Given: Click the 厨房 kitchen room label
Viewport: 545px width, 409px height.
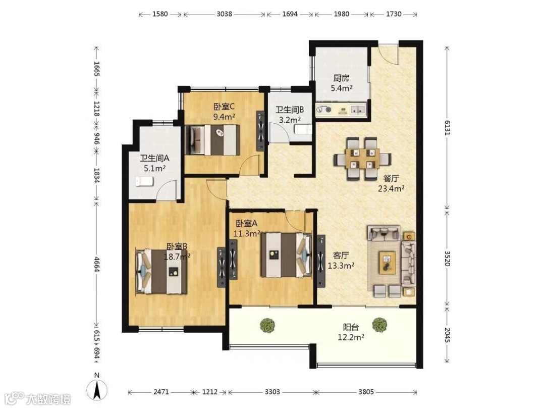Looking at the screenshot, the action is point(341,78).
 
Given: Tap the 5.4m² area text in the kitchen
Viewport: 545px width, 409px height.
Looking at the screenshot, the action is point(342,88).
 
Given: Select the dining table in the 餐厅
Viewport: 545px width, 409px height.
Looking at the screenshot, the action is point(362,159).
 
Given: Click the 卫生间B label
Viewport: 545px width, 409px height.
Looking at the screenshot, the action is point(290,110).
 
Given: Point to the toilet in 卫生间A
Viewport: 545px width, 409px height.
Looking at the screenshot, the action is point(144,181).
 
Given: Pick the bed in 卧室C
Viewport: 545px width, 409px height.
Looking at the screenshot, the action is point(212,140).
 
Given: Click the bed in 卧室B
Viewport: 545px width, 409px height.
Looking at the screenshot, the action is point(161,271).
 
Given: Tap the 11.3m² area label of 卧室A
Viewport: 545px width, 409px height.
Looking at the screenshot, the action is point(246,234).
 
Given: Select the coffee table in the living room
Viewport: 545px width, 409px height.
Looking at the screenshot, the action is point(387,262).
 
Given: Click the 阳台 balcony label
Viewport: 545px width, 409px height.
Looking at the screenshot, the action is point(351,327).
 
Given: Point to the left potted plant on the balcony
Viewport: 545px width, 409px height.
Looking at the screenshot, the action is point(267,325).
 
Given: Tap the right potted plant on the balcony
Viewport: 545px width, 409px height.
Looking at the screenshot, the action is point(379,325).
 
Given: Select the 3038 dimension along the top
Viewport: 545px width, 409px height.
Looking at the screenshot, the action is point(224,14).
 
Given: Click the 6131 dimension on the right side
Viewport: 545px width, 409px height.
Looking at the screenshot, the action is point(447,128).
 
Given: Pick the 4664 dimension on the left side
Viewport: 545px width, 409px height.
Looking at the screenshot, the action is point(96,264).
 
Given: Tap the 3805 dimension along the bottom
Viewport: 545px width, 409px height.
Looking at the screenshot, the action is point(366,392).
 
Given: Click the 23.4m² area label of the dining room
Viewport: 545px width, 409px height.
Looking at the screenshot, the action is point(391,189).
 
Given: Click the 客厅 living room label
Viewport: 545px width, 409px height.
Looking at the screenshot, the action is point(341,255).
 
